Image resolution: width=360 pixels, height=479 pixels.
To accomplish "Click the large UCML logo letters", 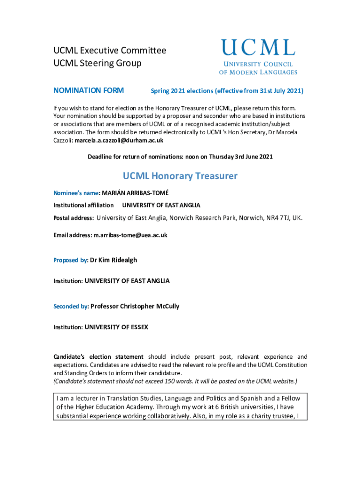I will [258, 48].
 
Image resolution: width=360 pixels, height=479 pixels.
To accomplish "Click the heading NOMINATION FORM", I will [88, 90].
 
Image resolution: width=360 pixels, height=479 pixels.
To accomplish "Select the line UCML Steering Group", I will [97, 63].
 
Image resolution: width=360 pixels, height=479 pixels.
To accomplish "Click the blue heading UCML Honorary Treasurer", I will [180, 176].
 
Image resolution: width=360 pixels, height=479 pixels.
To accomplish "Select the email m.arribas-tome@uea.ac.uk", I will [130, 235].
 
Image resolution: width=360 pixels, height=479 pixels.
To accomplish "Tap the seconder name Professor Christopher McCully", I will [135, 306].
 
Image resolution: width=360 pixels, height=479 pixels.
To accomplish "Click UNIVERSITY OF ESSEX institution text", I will [116, 327].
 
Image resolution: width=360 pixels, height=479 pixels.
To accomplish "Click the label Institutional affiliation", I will [83, 205].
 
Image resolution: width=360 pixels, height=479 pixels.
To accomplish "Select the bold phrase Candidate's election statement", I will [98, 357].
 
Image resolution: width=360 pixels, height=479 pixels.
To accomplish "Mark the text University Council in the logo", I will [258, 64].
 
